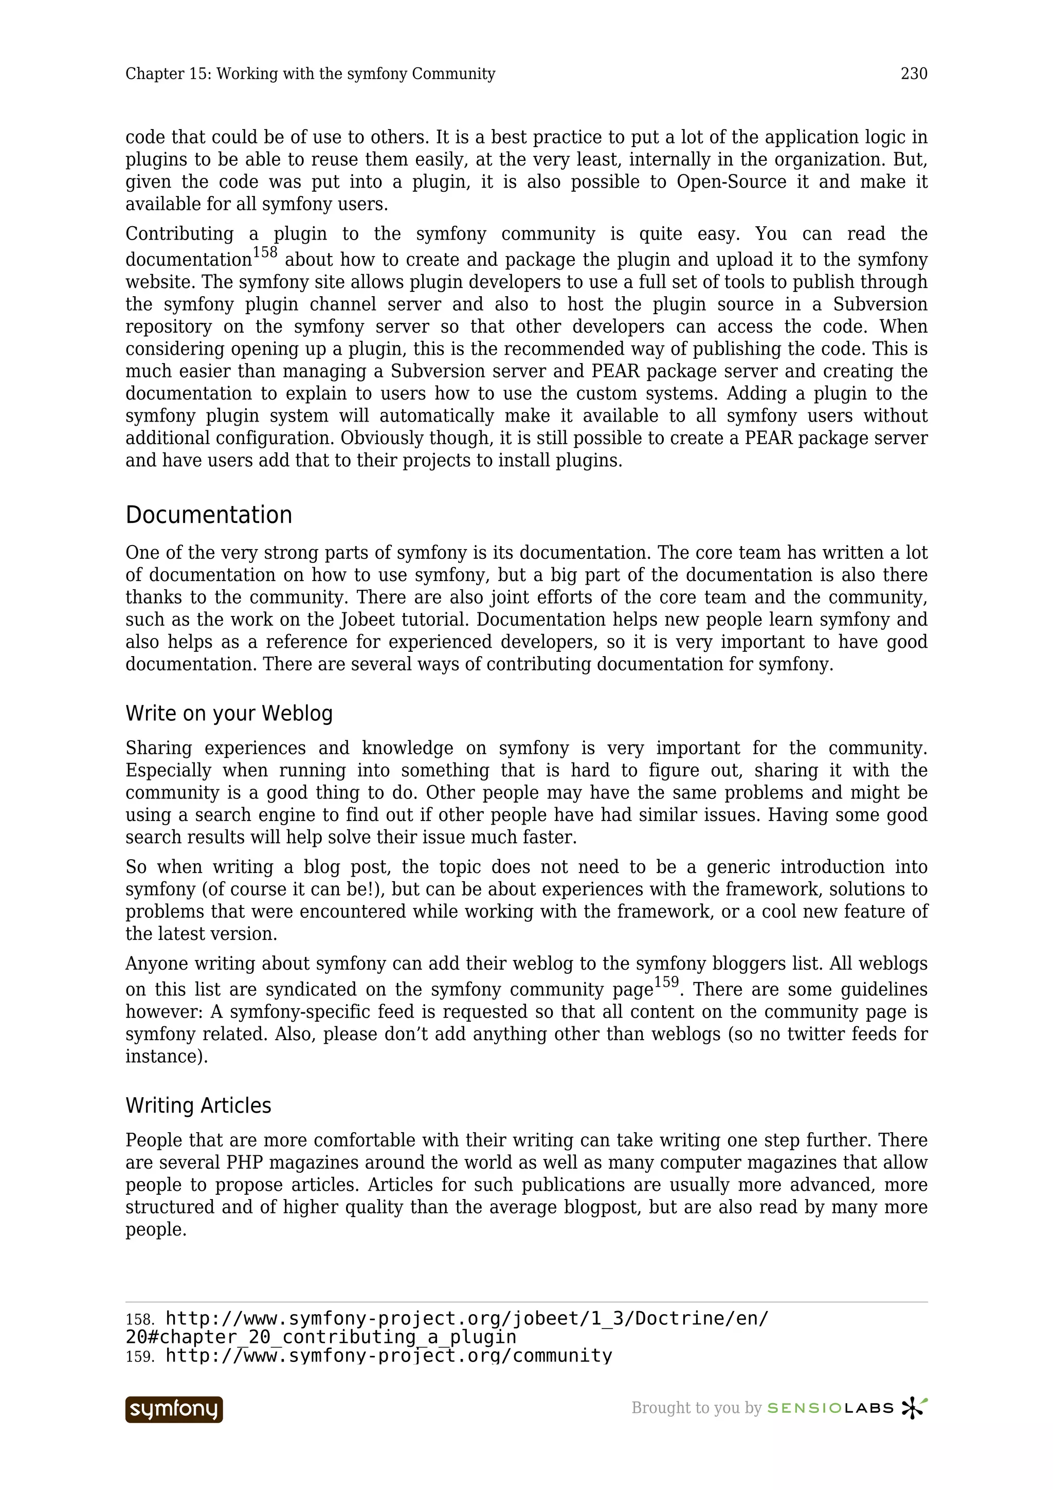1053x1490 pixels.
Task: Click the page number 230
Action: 914,74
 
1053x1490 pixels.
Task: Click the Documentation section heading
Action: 208,515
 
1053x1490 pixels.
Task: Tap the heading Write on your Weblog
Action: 229,713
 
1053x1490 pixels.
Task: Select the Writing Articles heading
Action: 198,1105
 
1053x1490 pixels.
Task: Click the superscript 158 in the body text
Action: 265,252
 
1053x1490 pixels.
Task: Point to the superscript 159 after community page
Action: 666,982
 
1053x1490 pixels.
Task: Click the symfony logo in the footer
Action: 174,1409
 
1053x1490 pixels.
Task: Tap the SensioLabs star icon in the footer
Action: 914,1408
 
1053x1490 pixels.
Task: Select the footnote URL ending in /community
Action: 389,1356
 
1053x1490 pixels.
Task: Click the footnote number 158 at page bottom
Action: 139,1320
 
